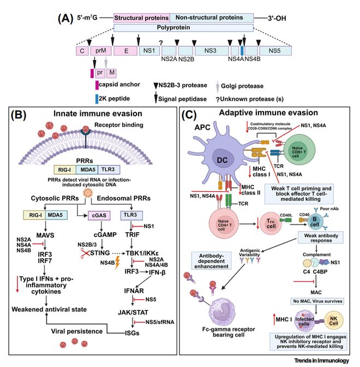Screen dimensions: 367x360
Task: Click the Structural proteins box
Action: (x=141, y=17)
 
